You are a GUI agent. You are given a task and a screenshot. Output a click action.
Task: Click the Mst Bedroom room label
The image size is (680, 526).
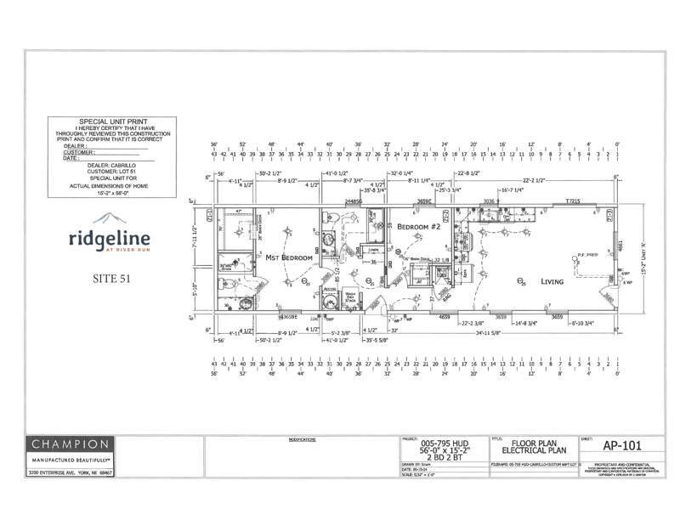[284, 256]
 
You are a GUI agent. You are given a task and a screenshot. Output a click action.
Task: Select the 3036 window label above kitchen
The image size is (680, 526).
[490, 201]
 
